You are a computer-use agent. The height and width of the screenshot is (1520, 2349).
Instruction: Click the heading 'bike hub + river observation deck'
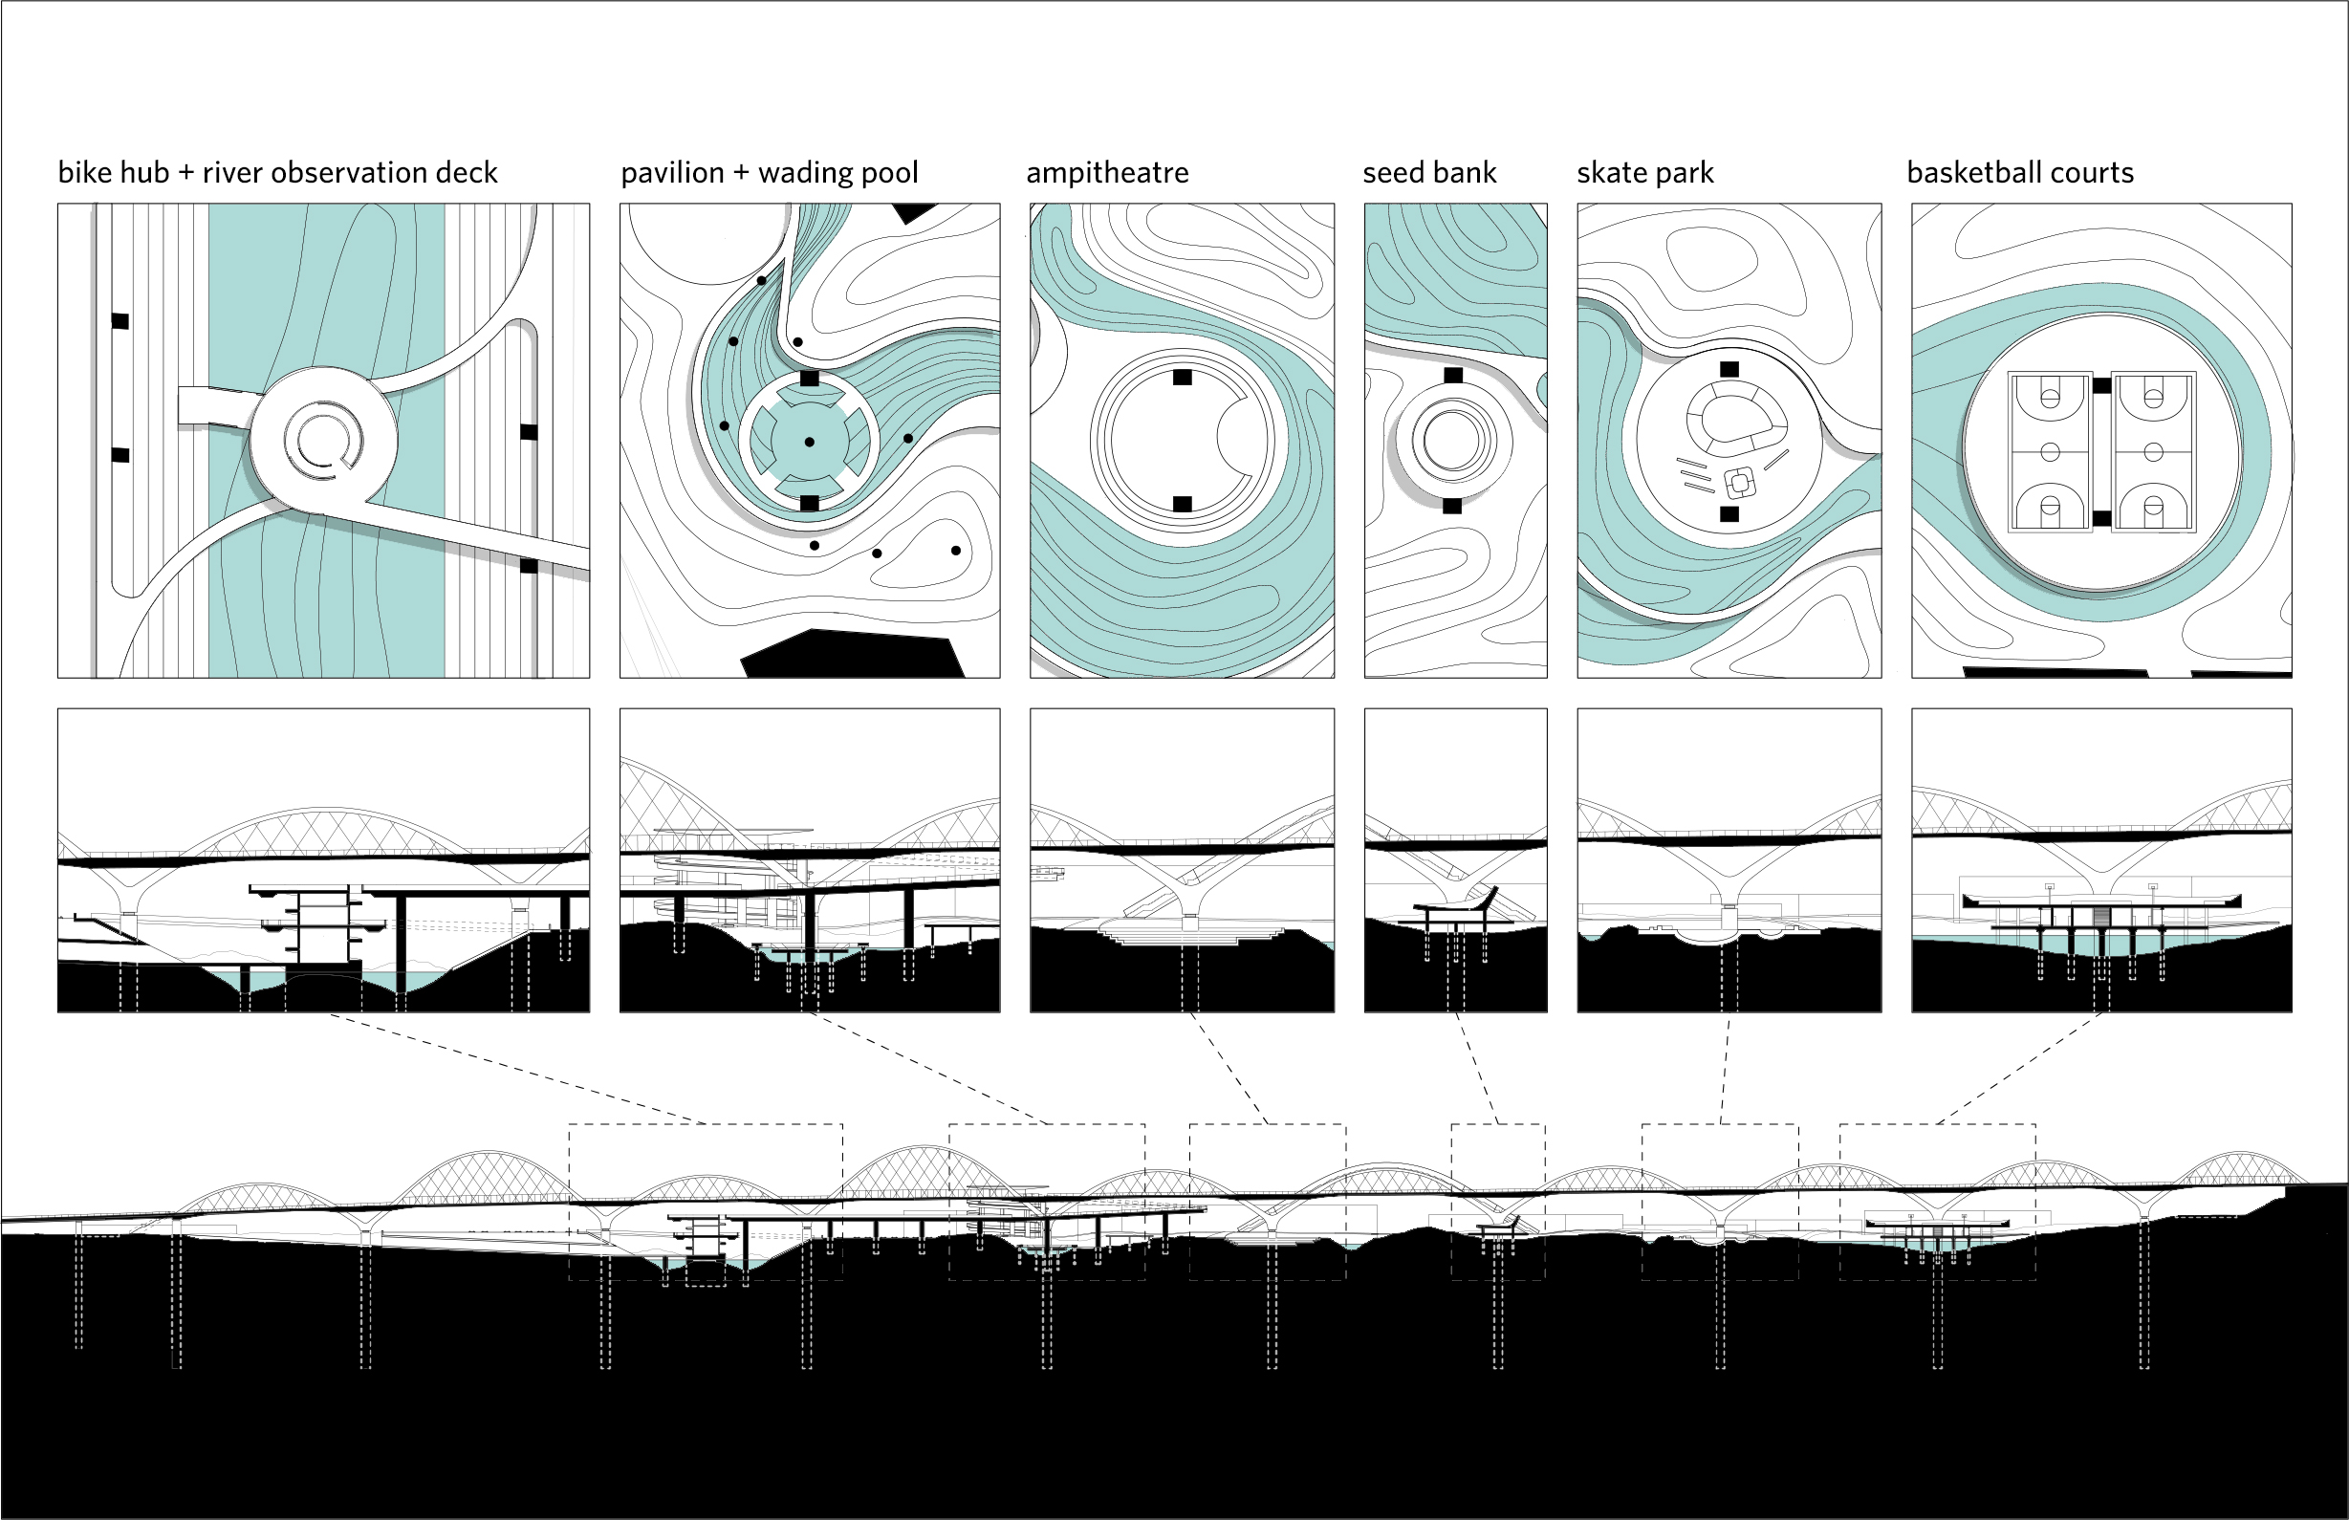(277, 173)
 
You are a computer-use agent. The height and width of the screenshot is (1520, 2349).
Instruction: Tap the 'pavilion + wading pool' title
(769, 173)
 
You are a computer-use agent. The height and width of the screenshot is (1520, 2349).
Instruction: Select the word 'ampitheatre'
(1107, 173)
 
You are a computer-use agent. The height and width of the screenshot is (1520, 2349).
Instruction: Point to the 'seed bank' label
(1429, 173)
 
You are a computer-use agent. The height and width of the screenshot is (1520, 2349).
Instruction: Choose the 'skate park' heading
(1644, 173)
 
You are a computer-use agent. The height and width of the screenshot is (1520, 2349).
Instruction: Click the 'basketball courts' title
(2019, 173)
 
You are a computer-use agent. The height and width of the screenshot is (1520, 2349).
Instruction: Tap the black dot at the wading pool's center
(810, 443)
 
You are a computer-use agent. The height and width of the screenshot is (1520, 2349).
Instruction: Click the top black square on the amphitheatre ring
(1183, 377)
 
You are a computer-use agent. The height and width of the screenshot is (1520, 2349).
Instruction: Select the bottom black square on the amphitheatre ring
(1183, 505)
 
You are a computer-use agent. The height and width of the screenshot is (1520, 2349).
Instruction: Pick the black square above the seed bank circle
(1452, 375)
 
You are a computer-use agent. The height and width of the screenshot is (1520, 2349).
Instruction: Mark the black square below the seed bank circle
(1452, 507)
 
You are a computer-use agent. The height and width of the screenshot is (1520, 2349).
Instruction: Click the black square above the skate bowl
(1729, 369)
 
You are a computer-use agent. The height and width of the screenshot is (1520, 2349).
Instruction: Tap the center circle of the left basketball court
(2050, 452)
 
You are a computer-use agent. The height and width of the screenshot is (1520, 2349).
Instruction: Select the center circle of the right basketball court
(2155, 452)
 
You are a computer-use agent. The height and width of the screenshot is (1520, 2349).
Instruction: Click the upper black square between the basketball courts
(2102, 386)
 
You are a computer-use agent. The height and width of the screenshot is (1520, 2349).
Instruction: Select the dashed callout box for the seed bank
(1497, 1202)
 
